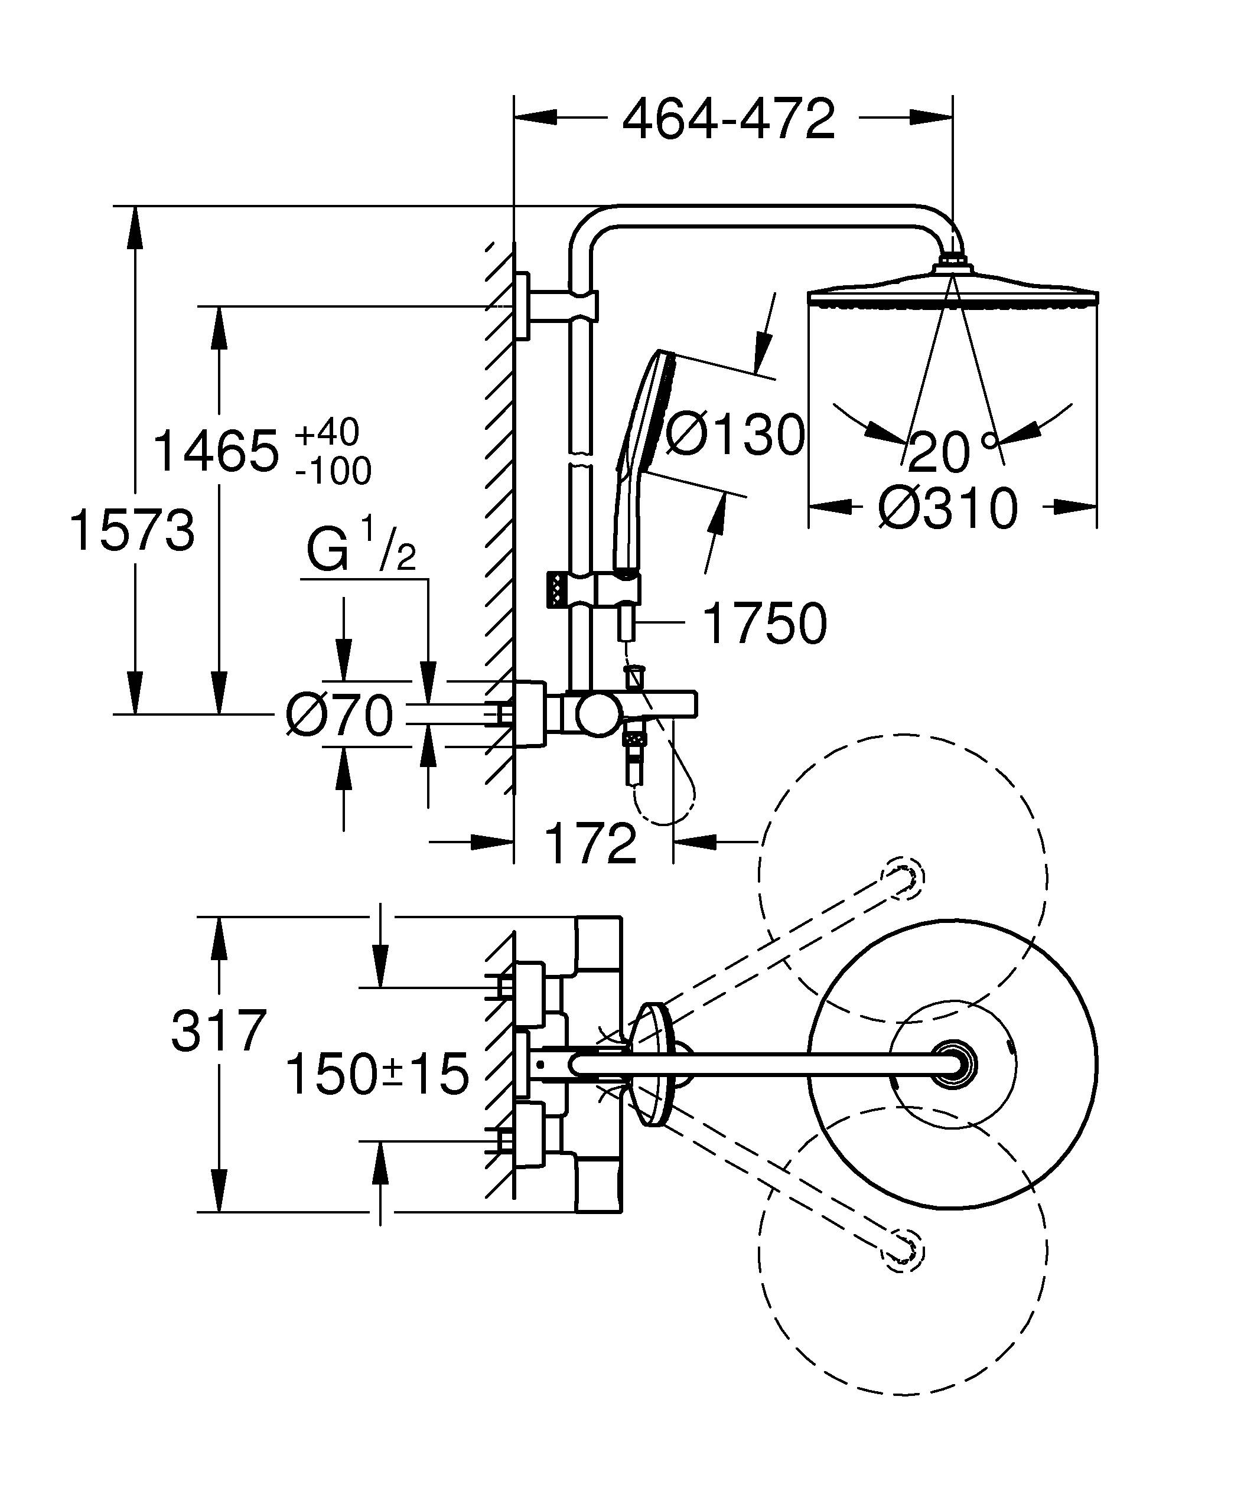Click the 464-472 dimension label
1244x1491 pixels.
(728, 119)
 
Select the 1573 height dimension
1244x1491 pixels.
(132, 531)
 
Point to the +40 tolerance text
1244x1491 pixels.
(327, 432)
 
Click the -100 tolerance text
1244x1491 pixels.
(333, 471)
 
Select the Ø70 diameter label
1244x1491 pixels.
(340, 715)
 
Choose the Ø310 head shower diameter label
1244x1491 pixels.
(948, 508)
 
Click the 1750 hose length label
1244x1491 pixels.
(764, 624)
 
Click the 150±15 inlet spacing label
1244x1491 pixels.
(377, 1074)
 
